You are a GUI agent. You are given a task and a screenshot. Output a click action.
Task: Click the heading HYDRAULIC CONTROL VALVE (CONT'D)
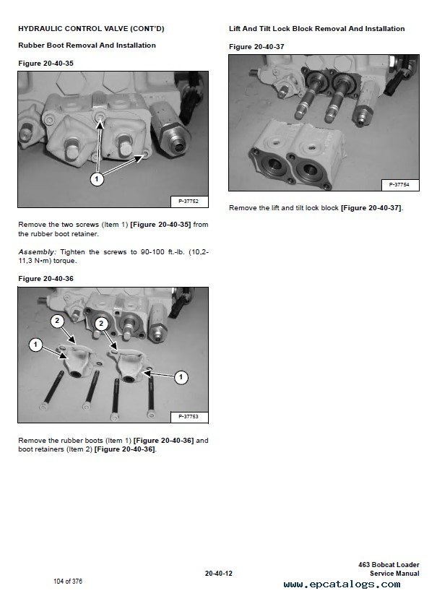click(91, 28)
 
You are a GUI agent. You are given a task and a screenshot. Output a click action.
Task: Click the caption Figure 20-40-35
click(46, 64)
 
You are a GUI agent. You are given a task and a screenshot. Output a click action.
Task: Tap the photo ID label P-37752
click(189, 201)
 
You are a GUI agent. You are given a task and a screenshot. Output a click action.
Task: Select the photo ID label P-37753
click(189, 417)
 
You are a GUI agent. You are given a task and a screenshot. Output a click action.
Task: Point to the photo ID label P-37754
click(399, 185)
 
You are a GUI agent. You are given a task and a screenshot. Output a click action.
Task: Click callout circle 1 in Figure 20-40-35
click(97, 178)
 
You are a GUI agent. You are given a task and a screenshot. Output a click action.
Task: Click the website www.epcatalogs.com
click(342, 584)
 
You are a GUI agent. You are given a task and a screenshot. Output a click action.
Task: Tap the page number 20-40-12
click(218, 573)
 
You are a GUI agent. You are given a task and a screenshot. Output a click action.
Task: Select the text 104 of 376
click(68, 581)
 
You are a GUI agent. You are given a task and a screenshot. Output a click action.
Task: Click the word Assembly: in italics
click(37, 252)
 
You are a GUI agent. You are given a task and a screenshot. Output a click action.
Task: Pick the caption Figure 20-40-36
click(46, 279)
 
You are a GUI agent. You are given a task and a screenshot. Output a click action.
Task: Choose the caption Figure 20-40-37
click(256, 47)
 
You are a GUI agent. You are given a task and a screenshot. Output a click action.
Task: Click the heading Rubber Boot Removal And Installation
click(87, 46)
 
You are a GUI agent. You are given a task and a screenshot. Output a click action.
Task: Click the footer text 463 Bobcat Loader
click(389, 565)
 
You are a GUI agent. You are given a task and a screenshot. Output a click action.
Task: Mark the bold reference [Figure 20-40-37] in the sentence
click(371, 208)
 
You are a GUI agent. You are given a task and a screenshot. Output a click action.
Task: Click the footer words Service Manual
click(394, 573)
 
